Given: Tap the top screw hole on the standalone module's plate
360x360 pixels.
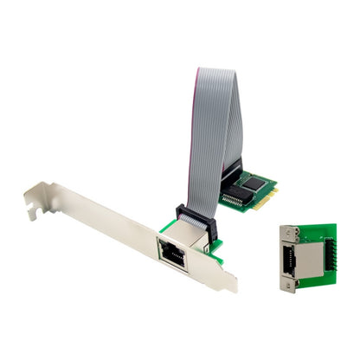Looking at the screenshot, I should tap(286, 231).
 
